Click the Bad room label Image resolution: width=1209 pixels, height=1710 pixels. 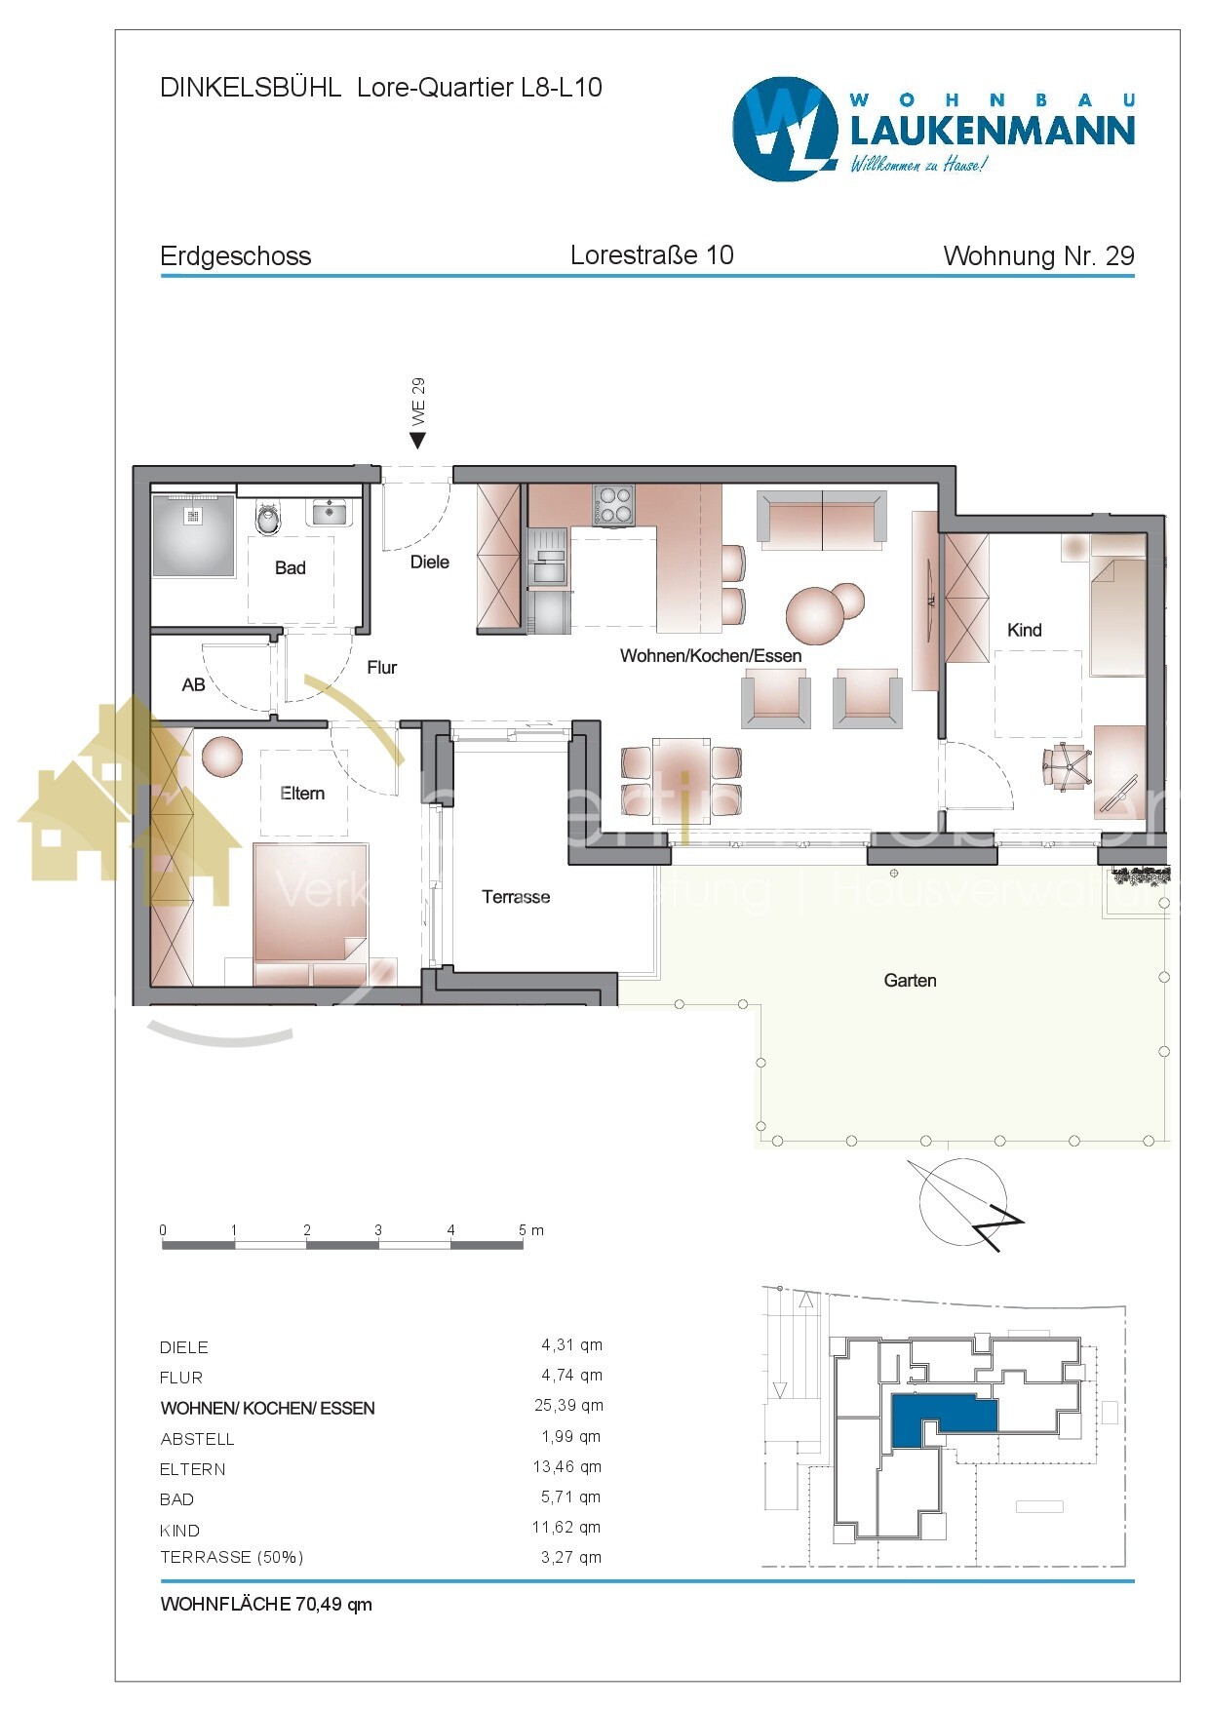click(x=290, y=567)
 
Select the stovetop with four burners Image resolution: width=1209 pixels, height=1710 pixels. click(x=613, y=505)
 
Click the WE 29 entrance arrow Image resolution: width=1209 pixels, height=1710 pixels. click(x=417, y=440)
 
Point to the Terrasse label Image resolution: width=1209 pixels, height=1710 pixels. click(x=516, y=897)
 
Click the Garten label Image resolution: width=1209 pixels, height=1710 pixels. click(x=910, y=981)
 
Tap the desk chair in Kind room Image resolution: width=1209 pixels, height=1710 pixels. click(x=1065, y=766)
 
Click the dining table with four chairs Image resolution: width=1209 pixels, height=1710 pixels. click(x=682, y=767)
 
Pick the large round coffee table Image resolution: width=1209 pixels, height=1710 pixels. click(x=814, y=615)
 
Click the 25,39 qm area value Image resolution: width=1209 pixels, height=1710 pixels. click(x=568, y=1406)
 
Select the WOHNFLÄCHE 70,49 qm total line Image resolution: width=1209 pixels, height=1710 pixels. click(x=266, y=1604)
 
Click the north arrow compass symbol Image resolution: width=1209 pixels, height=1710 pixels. click(x=964, y=1203)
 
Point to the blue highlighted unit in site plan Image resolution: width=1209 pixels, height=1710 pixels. click(x=941, y=1415)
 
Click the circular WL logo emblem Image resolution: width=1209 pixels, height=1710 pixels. click(x=785, y=129)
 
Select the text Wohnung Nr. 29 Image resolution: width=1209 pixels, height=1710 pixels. click(x=1038, y=256)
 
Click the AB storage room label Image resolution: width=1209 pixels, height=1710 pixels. click(x=193, y=685)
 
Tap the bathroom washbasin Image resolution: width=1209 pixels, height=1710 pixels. click(x=330, y=510)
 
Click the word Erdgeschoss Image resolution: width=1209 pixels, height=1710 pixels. click(x=235, y=256)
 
